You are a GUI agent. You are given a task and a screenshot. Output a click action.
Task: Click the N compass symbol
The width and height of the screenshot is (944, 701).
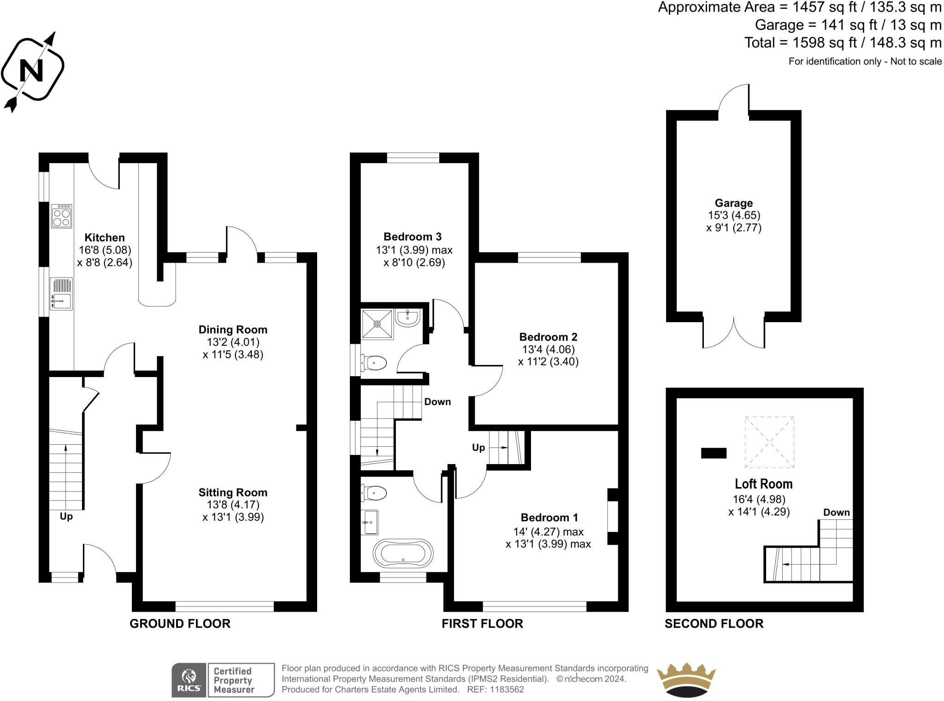[x=32, y=70]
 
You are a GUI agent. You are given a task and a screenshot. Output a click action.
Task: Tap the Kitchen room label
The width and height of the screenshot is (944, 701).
[x=105, y=238]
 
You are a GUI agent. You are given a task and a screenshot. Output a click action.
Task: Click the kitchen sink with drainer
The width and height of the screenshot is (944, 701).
[x=61, y=294]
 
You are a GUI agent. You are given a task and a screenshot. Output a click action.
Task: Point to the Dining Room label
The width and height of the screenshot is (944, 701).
[x=233, y=330]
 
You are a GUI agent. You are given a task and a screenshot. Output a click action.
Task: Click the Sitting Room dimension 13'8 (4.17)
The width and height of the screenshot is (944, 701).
[x=233, y=505]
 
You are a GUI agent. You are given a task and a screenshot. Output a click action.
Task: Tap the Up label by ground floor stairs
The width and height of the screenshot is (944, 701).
[x=66, y=516]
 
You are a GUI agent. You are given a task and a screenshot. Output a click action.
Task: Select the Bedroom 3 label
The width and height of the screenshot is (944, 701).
[x=412, y=237]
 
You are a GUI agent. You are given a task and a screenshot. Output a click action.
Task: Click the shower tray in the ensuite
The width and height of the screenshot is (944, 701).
[x=377, y=324]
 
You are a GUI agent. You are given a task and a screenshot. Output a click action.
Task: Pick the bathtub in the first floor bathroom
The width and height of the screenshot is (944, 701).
[x=403, y=553]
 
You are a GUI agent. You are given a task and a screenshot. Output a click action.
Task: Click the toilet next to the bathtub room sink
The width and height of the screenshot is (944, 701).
[x=374, y=493]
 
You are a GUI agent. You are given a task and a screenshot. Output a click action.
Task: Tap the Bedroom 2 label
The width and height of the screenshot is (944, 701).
[x=548, y=337]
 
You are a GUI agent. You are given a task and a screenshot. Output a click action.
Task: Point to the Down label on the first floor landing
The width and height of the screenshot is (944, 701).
[x=437, y=402]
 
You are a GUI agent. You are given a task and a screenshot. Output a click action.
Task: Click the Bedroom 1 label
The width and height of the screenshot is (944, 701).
[x=549, y=518]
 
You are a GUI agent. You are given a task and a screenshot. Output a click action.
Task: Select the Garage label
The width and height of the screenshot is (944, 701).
[x=733, y=203]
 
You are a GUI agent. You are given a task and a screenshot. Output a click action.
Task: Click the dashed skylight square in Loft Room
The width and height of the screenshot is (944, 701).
[x=769, y=442]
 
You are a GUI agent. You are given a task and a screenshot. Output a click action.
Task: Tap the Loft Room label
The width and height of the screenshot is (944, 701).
[x=763, y=484]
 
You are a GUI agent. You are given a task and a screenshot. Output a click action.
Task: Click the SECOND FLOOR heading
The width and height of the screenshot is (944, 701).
[x=714, y=624]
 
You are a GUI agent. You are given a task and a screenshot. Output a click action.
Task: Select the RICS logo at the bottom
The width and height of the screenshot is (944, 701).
[x=189, y=680]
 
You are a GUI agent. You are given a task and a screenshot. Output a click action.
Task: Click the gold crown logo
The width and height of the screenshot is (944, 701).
[x=686, y=680]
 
